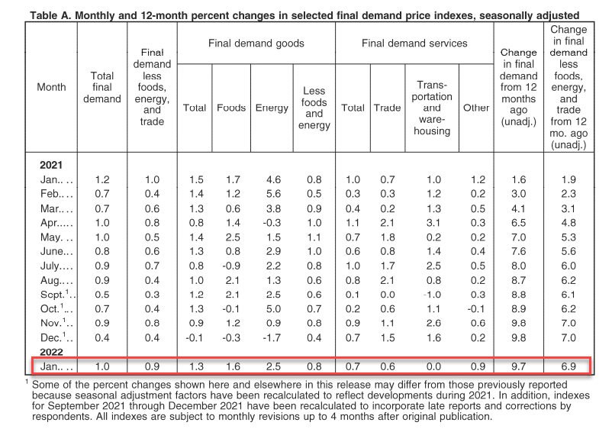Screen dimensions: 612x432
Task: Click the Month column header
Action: coord(51,87)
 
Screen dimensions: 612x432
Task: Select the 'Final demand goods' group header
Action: coord(256,43)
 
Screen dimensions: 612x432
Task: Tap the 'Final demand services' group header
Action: coord(414,43)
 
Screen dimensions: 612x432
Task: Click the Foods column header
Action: coord(231,108)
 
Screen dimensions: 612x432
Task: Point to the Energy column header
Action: coord(272,108)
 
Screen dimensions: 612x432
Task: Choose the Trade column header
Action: coord(387,108)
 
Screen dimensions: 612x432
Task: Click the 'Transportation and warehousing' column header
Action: coord(432,108)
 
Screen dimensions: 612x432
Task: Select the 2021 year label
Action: coord(50,165)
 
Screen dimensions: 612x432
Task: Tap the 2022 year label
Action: coord(51,352)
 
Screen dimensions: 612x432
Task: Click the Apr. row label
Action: coord(56,223)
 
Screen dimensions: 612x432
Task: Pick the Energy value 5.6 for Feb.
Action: coord(273,194)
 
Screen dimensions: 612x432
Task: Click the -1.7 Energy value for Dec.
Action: coord(272,337)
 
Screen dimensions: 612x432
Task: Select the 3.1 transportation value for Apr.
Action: coord(433,223)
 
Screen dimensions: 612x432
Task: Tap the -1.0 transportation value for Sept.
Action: coord(432,295)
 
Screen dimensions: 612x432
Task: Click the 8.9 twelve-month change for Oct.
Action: coord(518,309)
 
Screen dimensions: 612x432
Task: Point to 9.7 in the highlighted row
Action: coord(518,366)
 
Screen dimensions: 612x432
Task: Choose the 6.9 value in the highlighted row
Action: coord(569,366)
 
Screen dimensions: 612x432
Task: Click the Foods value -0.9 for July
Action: coord(231,266)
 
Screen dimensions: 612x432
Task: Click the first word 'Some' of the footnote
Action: coord(44,385)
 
